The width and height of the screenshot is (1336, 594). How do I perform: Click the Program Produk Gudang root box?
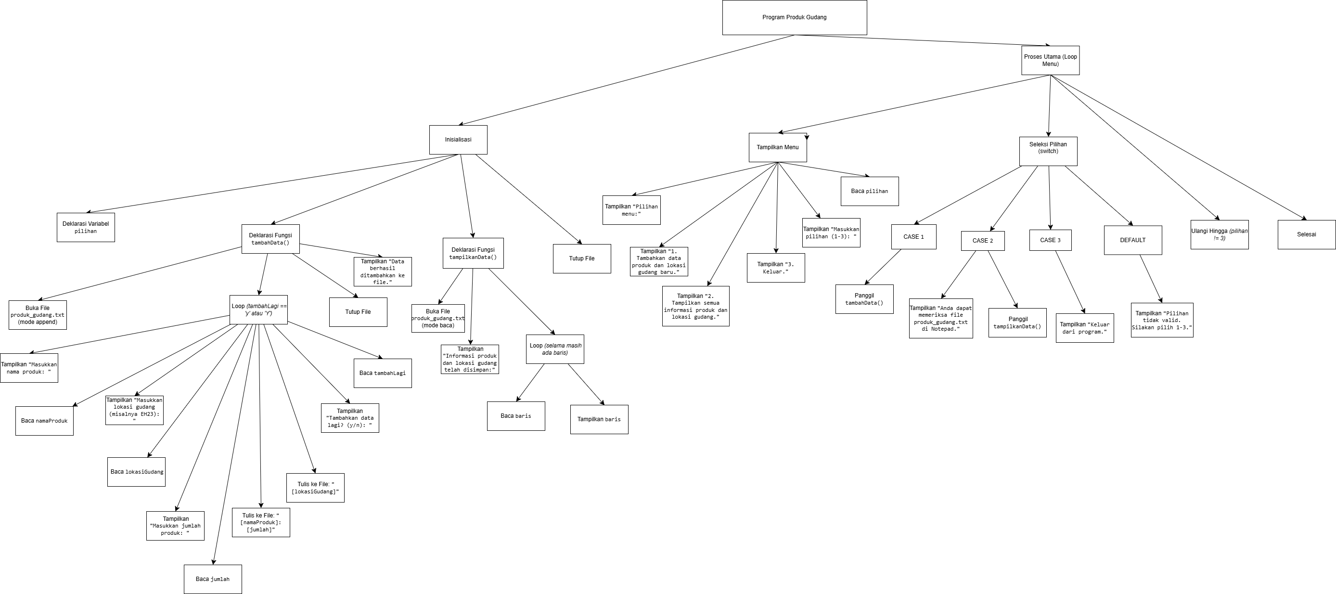[794, 18]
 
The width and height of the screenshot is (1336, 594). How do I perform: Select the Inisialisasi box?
[458, 140]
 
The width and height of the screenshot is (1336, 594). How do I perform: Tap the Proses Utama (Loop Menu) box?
[1050, 60]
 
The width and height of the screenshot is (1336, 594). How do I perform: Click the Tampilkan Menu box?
[777, 147]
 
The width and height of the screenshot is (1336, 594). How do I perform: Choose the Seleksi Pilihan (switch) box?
[1048, 151]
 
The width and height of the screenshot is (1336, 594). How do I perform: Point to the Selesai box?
[1306, 234]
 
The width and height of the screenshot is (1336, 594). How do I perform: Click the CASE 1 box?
[913, 236]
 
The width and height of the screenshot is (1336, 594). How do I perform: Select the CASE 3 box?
[1050, 240]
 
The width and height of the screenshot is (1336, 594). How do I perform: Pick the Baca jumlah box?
[213, 579]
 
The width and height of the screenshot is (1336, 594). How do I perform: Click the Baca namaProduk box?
[44, 421]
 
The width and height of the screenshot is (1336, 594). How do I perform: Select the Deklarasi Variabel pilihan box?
[86, 227]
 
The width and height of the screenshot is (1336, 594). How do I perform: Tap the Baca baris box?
[515, 416]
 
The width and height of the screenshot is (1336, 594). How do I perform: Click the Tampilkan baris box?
[599, 419]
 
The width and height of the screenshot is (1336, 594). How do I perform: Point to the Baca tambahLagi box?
[382, 373]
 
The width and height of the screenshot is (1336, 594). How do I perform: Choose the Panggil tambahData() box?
[864, 299]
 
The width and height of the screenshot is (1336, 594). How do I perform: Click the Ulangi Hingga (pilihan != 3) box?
[1220, 234]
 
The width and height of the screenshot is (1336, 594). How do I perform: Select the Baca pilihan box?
[869, 191]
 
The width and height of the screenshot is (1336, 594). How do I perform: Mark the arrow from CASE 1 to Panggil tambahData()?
[883, 267]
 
